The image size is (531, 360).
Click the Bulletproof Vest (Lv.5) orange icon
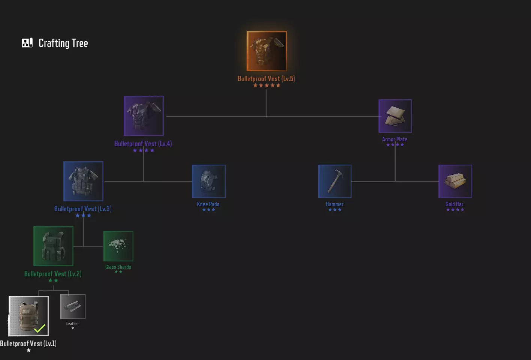tap(267, 51)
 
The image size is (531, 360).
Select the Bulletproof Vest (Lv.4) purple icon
tap(144, 116)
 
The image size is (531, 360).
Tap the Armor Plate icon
tap(395, 116)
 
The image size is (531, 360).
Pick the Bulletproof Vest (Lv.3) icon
tap(83, 181)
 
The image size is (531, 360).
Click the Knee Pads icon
tap(209, 181)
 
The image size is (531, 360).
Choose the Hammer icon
tap(335, 181)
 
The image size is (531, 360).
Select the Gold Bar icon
tap(455, 181)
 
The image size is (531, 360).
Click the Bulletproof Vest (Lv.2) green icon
tap(53, 246)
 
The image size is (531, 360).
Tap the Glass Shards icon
tap(118, 246)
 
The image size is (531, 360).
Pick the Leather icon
tap(73, 306)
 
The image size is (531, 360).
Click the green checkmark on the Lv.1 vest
tap(40, 328)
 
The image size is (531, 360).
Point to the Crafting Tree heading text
tap(63, 43)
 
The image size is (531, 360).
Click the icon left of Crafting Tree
tap(27, 43)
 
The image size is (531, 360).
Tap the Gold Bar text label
tap(455, 204)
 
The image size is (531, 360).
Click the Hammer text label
tap(335, 204)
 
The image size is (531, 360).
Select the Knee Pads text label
tap(208, 204)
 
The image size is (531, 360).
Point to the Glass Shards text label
tap(118, 267)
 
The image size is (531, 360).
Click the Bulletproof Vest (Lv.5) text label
tap(266, 79)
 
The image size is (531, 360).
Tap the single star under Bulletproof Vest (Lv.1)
tap(29, 350)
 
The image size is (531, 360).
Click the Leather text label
tap(73, 324)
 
